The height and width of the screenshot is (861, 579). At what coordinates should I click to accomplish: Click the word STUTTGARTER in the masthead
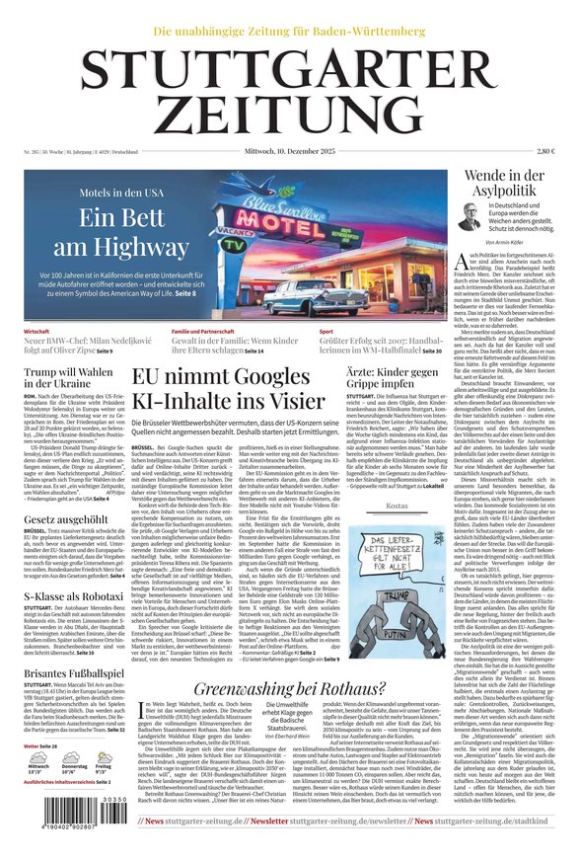click(289, 70)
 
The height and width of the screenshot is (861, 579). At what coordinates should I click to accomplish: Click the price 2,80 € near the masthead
click(545, 151)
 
